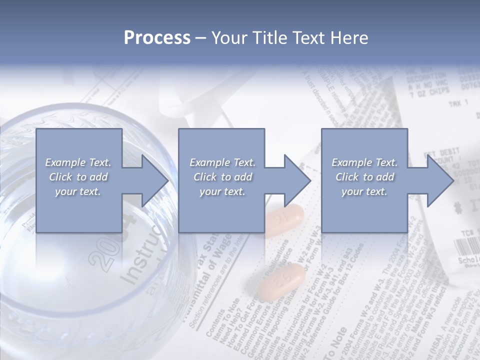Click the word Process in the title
pyautogui.click(x=157, y=37)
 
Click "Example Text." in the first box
pyautogui.click(x=78, y=162)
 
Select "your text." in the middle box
pyautogui.click(x=222, y=191)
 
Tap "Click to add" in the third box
pyautogui.click(x=364, y=177)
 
